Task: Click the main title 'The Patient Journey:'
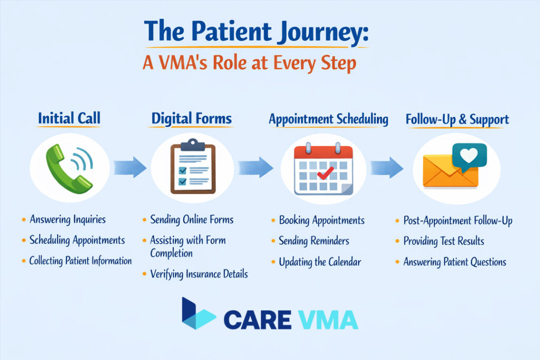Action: [x=256, y=35]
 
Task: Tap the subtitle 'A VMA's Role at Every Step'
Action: [x=249, y=63]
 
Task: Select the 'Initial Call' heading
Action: [x=69, y=119]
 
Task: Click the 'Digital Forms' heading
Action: [x=191, y=119]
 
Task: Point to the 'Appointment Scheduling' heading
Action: [x=329, y=119]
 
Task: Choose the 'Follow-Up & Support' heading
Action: [x=457, y=119]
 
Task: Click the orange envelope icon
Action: [x=450, y=172]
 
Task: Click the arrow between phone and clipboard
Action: [x=131, y=167]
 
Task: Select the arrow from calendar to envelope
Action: [x=386, y=168]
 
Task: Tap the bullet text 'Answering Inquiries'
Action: [x=67, y=219]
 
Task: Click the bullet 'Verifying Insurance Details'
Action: [x=199, y=274]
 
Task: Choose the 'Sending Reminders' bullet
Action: [x=314, y=241]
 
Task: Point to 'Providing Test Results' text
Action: [x=443, y=241]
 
